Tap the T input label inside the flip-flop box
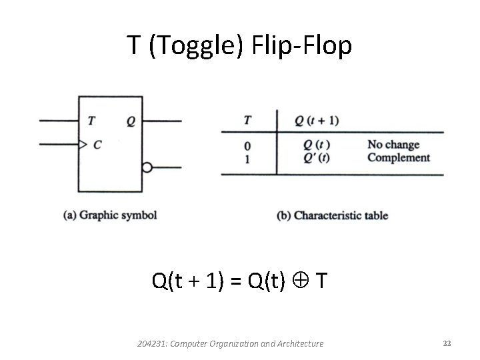point(91,121)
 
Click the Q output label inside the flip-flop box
point(130,121)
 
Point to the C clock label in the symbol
point(97,144)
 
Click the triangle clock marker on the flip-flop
point(83,144)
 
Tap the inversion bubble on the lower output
point(147,167)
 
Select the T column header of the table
point(248,121)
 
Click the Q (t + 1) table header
point(317,121)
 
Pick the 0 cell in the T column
point(248,145)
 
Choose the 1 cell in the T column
point(248,159)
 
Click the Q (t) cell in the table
point(317,145)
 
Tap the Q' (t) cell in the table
point(317,158)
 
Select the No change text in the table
point(393,145)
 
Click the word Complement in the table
point(399,158)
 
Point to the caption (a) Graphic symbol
point(110,215)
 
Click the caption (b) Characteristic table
point(332,215)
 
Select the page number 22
point(447,343)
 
